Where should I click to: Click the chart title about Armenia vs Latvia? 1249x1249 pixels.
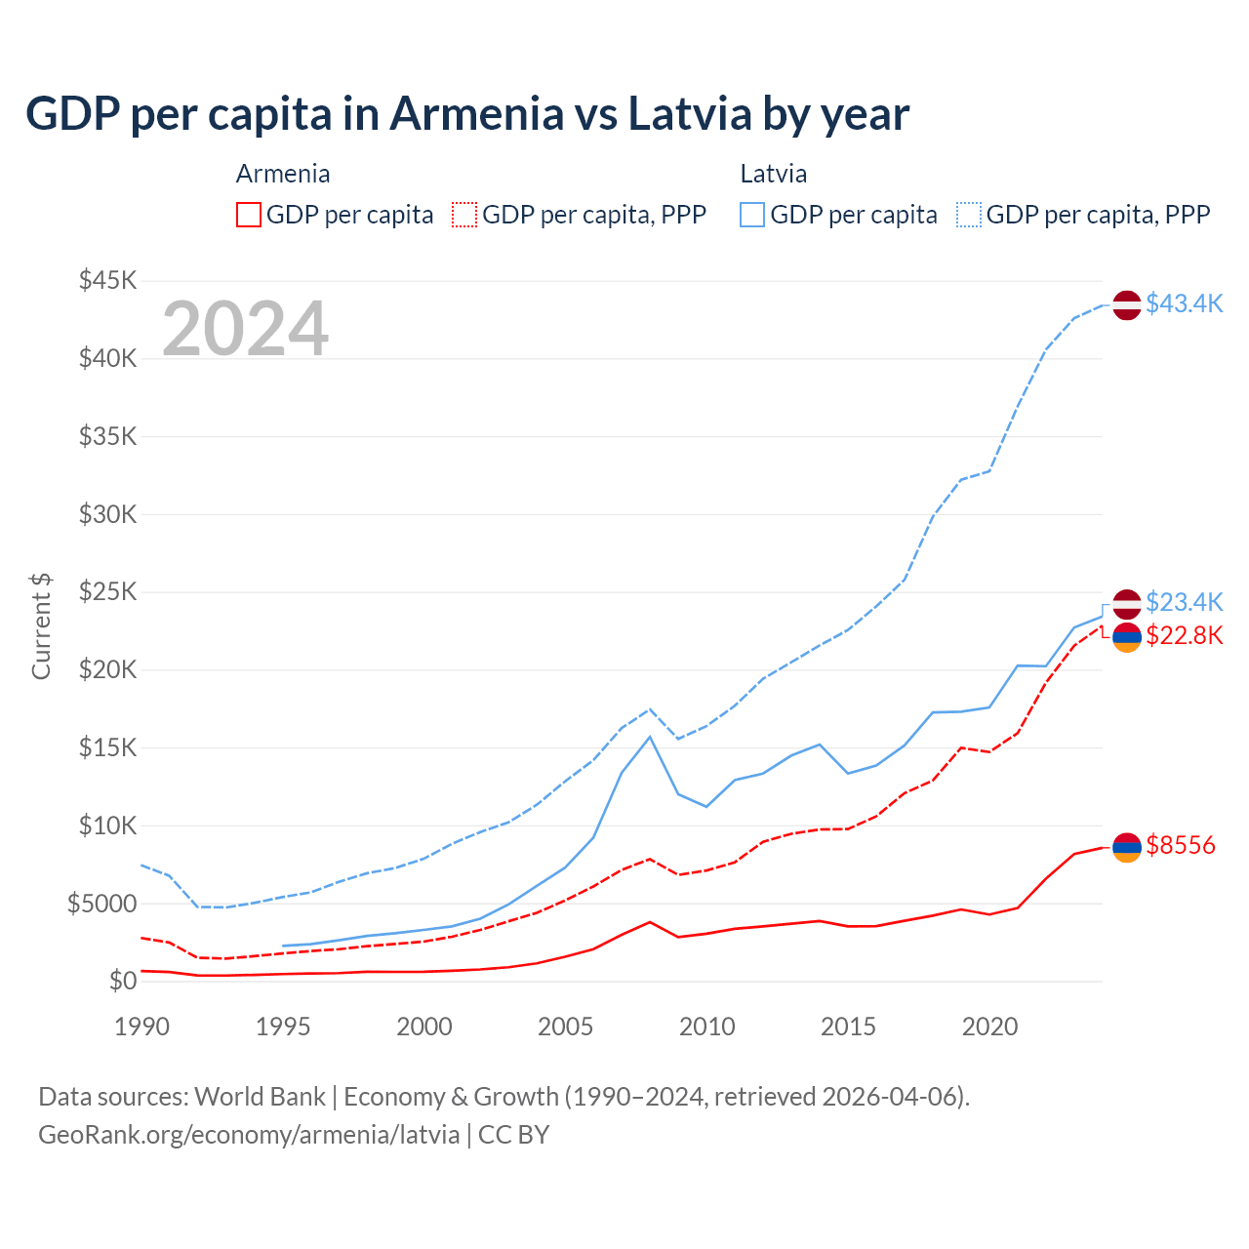click(467, 113)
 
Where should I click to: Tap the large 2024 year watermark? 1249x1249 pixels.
click(245, 329)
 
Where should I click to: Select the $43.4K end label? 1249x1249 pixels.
click(1184, 303)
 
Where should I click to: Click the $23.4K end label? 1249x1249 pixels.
click(1184, 601)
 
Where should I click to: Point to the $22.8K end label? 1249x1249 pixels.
click(1184, 636)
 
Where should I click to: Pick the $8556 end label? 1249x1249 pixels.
click(1181, 845)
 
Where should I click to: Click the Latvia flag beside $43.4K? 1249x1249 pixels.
click(1127, 304)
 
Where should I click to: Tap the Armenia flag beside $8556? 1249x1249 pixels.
click(1127, 848)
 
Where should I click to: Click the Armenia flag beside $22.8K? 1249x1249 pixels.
click(1127, 637)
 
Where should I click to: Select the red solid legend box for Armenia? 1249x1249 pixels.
click(249, 215)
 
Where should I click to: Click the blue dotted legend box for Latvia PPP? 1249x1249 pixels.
click(969, 215)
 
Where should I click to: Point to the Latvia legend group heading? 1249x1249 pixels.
click(774, 174)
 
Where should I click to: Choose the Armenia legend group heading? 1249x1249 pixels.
click(283, 174)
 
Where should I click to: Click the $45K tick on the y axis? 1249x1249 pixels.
click(108, 281)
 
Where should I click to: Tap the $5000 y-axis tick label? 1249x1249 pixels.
click(101, 904)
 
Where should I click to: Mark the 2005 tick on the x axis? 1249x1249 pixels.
click(566, 1027)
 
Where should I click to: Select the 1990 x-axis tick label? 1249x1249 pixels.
click(142, 1027)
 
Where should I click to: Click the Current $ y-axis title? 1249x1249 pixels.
click(41, 626)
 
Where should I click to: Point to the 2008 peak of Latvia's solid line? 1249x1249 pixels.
click(650, 736)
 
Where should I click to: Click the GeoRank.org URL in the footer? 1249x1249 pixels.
click(249, 1135)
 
